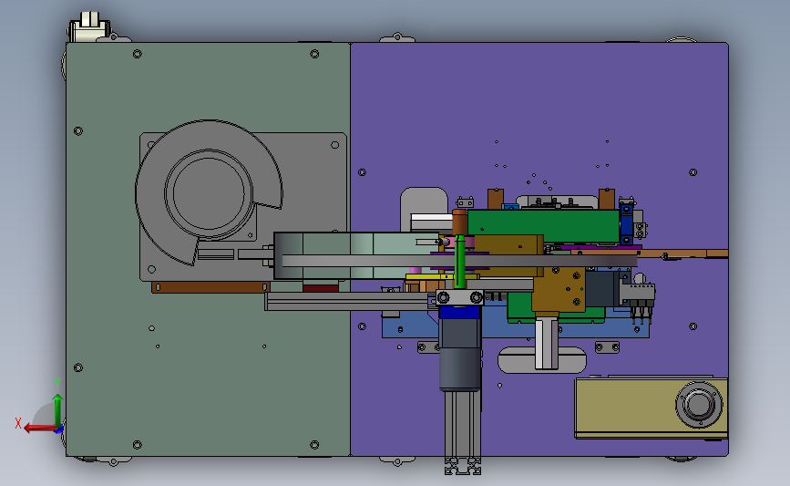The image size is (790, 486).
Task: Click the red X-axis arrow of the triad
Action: (x=40, y=428)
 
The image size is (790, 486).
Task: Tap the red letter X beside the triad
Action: (x=18, y=423)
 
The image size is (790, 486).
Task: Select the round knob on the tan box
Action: (x=699, y=404)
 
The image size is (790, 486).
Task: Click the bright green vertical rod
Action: (x=459, y=261)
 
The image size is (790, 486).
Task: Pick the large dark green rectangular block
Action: (x=543, y=225)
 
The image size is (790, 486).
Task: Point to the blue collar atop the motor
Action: (x=459, y=313)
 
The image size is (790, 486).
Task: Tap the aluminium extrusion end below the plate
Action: (x=463, y=466)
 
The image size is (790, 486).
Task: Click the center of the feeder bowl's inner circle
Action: (x=209, y=193)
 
